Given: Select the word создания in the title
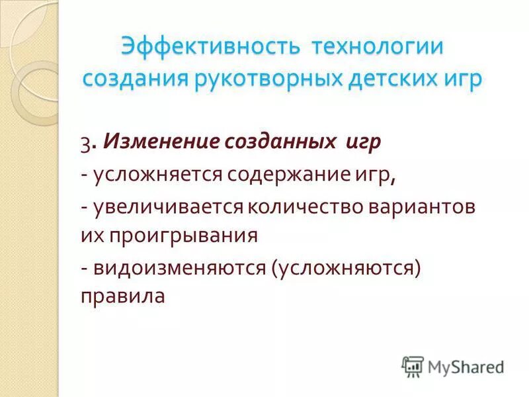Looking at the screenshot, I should (135, 79).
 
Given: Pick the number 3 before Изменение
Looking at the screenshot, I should (85, 144).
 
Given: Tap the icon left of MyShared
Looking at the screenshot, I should (413, 367).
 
